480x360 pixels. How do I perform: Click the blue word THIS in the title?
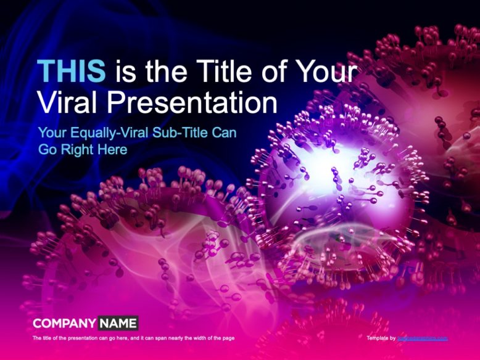(x=72, y=72)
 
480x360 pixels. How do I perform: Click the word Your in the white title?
(x=326, y=72)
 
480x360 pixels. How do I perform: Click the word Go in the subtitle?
(x=47, y=149)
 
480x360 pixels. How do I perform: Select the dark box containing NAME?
(x=118, y=323)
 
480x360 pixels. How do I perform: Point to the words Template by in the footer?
(x=381, y=338)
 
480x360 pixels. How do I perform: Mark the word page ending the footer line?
(x=228, y=338)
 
